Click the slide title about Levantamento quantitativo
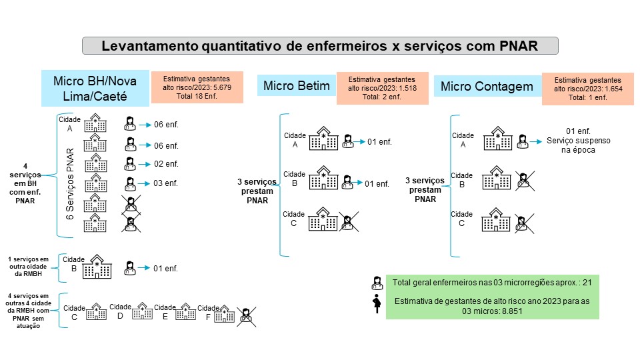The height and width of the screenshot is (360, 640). coord(319,46)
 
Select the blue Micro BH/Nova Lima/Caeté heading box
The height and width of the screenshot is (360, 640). coord(95,88)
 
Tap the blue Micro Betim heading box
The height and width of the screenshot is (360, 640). coord(297,86)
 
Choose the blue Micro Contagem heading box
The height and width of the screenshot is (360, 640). coord(487,87)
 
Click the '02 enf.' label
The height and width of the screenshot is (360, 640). coord(166,164)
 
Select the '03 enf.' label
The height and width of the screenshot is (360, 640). coord(166,183)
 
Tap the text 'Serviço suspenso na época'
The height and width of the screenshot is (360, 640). coord(578,146)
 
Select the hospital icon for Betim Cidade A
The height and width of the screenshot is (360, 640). coord(323,139)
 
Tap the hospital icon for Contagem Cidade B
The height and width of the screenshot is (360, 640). coord(497,179)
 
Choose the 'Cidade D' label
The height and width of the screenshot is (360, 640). coord(120,312)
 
